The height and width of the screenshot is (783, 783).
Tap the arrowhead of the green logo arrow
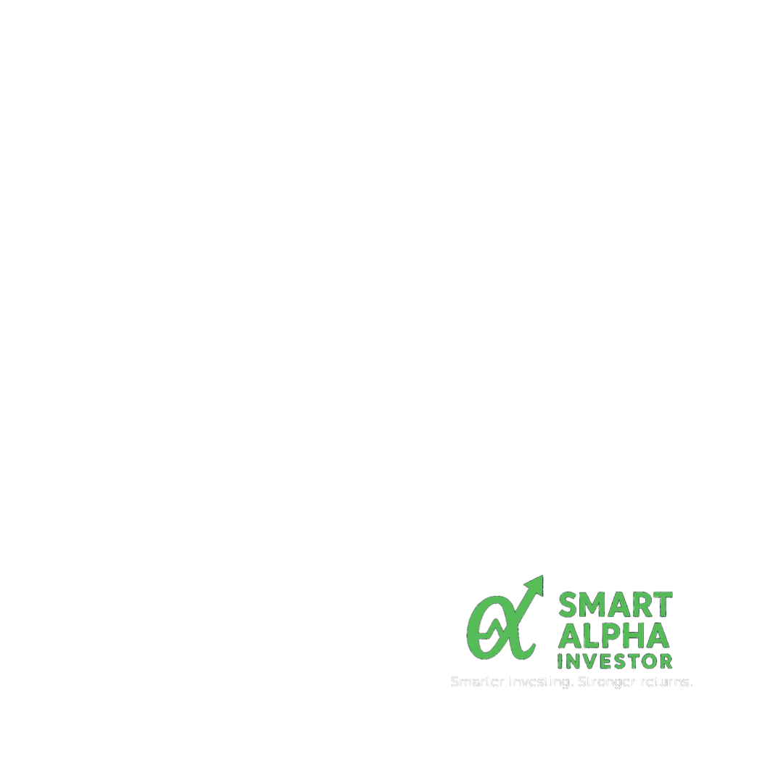536,584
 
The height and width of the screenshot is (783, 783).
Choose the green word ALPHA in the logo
615,636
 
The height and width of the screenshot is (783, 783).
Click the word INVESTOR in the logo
615,661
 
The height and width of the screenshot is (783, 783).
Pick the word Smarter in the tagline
478,682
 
